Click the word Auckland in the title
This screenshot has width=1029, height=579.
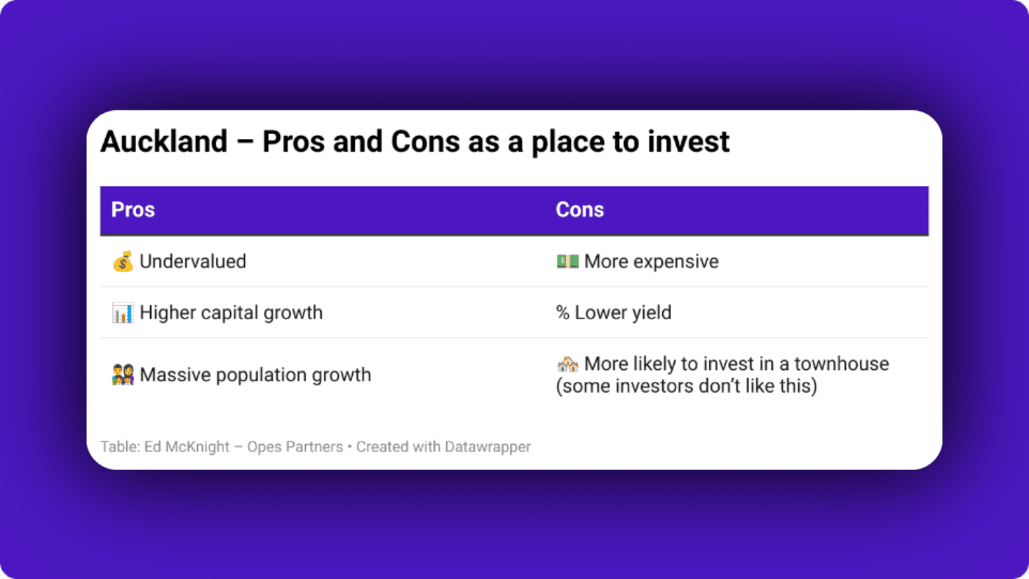(x=164, y=142)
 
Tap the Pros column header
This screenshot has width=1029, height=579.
(x=133, y=210)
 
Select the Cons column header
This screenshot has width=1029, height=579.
(x=579, y=210)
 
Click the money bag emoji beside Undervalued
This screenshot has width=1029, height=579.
(x=123, y=261)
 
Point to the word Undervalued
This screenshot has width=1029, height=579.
(x=193, y=261)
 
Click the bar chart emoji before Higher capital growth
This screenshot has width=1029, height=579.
(x=123, y=313)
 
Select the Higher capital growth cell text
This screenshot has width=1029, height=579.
(x=231, y=313)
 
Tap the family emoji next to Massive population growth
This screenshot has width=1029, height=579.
(x=123, y=375)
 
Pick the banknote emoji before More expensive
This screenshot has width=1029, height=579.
(x=567, y=261)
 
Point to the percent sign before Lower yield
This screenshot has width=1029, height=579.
(x=562, y=313)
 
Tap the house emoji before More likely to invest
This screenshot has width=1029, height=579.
(x=567, y=363)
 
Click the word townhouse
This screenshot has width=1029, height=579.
(x=842, y=363)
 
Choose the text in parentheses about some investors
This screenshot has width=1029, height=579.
(x=686, y=386)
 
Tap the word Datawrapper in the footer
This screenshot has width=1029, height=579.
(x=487, y=447)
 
